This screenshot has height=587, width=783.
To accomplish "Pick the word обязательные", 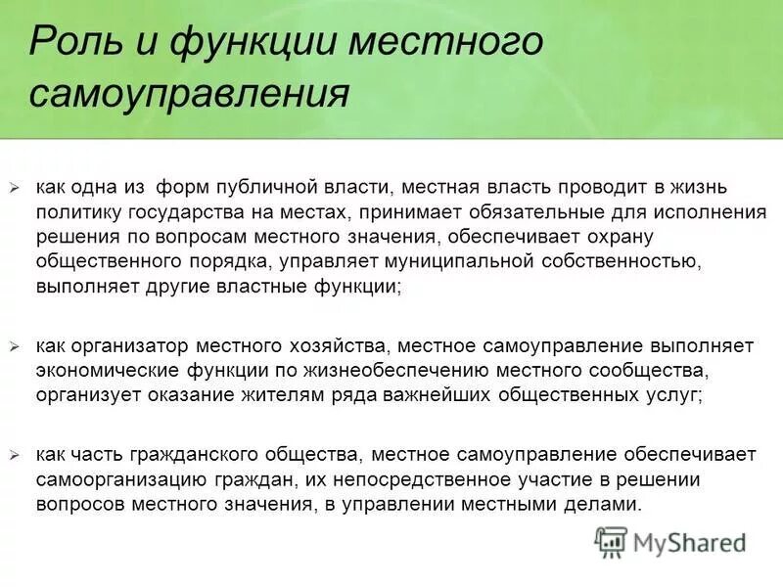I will pos(493,211).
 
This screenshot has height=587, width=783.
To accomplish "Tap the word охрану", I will pos(617,237).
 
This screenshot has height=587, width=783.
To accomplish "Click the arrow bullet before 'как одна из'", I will pos(15,186).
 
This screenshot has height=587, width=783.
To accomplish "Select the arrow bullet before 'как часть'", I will pos(15,455).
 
